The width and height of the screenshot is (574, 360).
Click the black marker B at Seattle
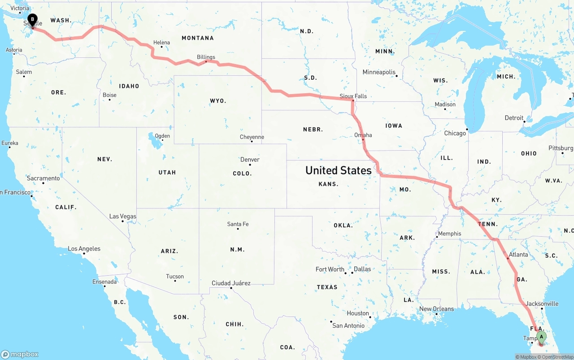pyautogui.click(x=32, y=20)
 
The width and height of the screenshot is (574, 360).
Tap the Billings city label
pyautogui.click(x=206, y=57)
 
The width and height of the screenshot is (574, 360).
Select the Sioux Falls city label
pyautogui.click(x=353, y=96)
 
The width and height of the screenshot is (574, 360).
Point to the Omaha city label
pyautogui.click(x=363, y=135)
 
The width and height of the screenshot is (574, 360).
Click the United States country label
pyautogui.click(x=338, y=170)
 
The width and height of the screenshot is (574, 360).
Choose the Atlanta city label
pyautogui.click(x=518, y=254)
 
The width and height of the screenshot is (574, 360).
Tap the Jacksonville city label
pyautogui.click(x=542, y=304)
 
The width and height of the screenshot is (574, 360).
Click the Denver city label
pyautogui.click(x=250, y=160)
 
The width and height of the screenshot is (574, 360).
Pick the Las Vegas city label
pyautogui.click(x=122, y=217)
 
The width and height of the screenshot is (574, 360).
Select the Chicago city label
pyautogui.click(x=455, y=133)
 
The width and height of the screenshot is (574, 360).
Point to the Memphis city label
pyautogui.click(x=449, y=234)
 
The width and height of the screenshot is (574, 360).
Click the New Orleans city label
pyautogui.click(x=436, y=309)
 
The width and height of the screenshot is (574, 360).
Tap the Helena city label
pyautogui.click(x=161, y=43)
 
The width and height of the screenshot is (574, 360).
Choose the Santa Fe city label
pyautogui.click(x=238, y=224)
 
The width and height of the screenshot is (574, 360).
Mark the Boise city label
pyautogui.click(x=109, y=95)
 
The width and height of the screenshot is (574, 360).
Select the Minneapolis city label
pyautogui.click(x=379, y=72)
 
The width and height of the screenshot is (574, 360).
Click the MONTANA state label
pyautogui.click(x=197, y=38)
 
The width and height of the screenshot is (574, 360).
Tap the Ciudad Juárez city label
pyautogui.click(x=231, y=283)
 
